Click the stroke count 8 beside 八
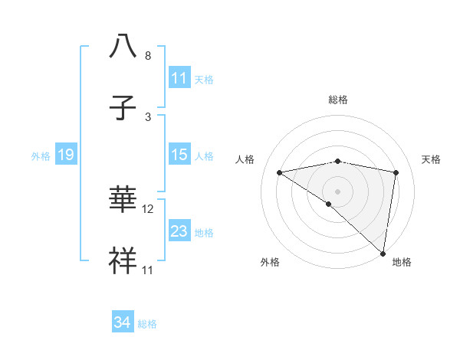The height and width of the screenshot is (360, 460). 148,56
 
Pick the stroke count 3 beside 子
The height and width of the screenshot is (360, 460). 148,116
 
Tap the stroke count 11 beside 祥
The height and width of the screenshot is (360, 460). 148,270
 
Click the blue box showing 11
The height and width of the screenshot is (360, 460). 179,78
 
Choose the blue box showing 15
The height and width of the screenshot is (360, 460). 179,155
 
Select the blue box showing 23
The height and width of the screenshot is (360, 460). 179,231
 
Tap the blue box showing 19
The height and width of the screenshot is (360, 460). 65,155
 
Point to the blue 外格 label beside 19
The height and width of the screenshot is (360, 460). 41,156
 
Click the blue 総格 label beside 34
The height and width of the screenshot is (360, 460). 147,324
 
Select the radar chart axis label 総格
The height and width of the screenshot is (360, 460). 338,100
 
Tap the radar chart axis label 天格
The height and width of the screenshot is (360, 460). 431,159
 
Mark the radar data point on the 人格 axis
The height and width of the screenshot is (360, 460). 280,172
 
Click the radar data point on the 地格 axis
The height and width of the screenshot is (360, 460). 383,253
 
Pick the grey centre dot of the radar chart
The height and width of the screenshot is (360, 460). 338,191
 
